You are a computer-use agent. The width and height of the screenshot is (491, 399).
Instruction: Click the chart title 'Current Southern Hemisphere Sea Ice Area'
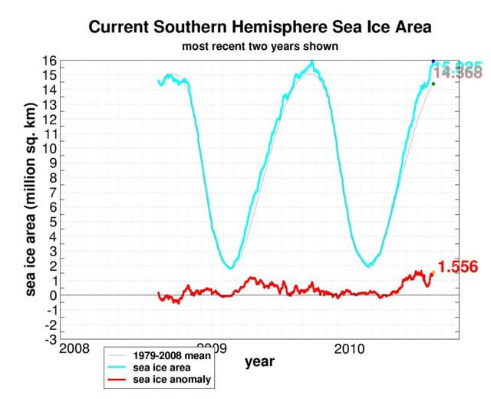(260, 28)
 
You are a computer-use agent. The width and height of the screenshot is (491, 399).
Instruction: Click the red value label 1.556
(458, 267)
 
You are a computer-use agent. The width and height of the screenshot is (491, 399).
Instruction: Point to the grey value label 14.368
(458, 74)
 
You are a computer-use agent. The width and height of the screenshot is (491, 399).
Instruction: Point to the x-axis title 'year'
(259, 361)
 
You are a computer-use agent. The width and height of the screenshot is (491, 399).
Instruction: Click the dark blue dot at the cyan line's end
(433, 61)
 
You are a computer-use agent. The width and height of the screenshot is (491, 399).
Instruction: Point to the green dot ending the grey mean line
(433, 84)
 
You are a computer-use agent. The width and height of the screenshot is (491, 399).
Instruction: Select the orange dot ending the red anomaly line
(432, 272)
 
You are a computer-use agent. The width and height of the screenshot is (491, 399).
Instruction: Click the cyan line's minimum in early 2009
(231, 267)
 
